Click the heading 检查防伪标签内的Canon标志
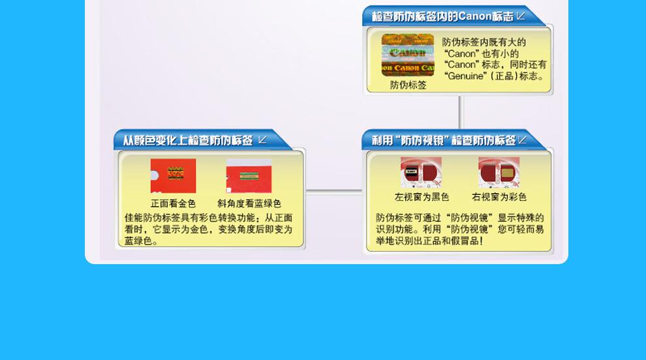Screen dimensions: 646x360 pyautogui.click(x=442, y=16)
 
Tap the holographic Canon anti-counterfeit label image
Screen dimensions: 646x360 pyautogui.click(x=407, y=55)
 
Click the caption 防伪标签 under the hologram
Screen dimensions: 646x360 pyautogui.click(x=408, y=85)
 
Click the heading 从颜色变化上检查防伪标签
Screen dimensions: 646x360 pyautogui.click(x=188, y=141)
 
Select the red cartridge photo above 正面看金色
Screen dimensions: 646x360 pyautogui.click(x=173, y=176)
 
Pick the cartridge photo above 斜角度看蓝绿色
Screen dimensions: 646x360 pyautogui.click(x=249, y=176)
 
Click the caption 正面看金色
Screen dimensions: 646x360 pyautogui.click(x=173, y=203)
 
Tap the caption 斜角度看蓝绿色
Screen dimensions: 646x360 pyautogui.click(x=249, y=203)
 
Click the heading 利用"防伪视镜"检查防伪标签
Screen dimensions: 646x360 pyautogui.click(x=444, y=141)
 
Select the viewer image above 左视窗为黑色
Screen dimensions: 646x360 pyautogui.click(x=421, y=173)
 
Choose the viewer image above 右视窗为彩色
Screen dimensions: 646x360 pyautogui.click(x=499, y=173)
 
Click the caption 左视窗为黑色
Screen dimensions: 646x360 pyautogui.click(x=422, y=198)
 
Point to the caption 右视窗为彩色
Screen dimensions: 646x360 pyautogui.click(x=499, y=198)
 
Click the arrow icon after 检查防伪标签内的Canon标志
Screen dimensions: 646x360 pyautogui.click(x=521, y=16)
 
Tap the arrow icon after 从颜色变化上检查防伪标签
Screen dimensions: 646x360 pyautogui.click(x=262, y=140)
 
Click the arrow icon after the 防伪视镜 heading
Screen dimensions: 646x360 pyautogui.click(x=523, y=140)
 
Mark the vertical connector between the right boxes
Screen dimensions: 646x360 pyautogui.click(x=460, y=112)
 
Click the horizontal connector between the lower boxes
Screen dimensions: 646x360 pyautogui.click(x=334, y=191)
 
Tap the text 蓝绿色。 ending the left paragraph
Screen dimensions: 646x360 pyautogui.click(x=142, y=241)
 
